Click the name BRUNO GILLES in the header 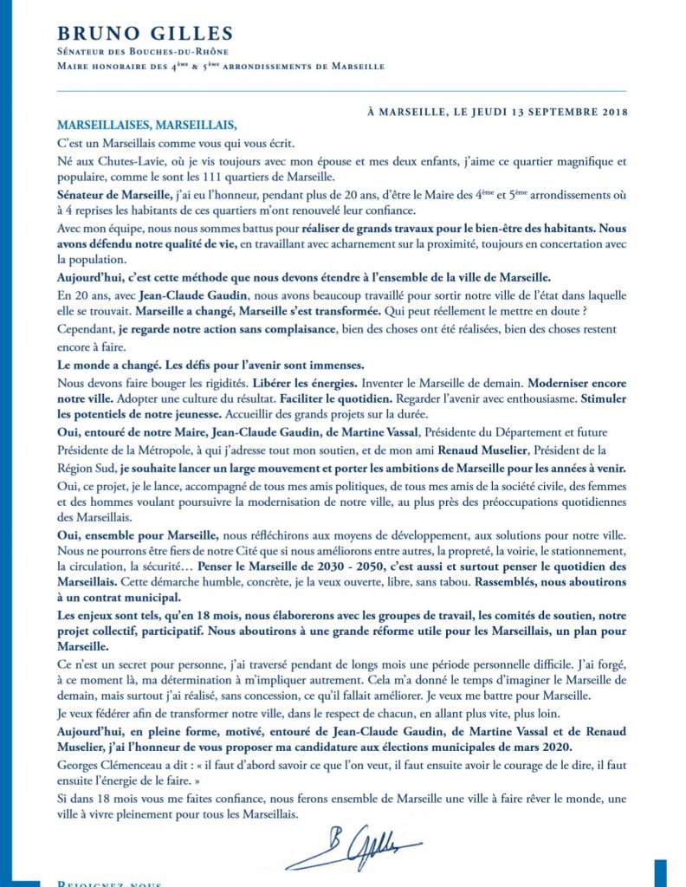point(145,34)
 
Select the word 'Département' point(527,432)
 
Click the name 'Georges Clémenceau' point(110,765)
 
